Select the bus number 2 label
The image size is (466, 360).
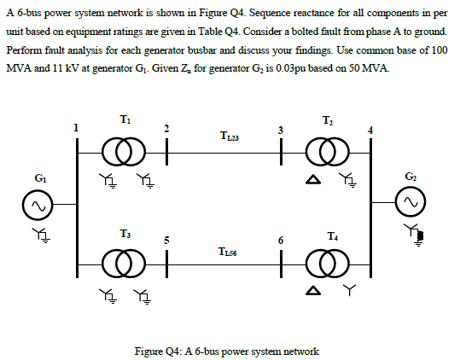tap(166, 129)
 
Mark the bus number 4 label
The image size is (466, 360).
tap(370, 129)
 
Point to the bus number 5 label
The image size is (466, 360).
tap(166, 240)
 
